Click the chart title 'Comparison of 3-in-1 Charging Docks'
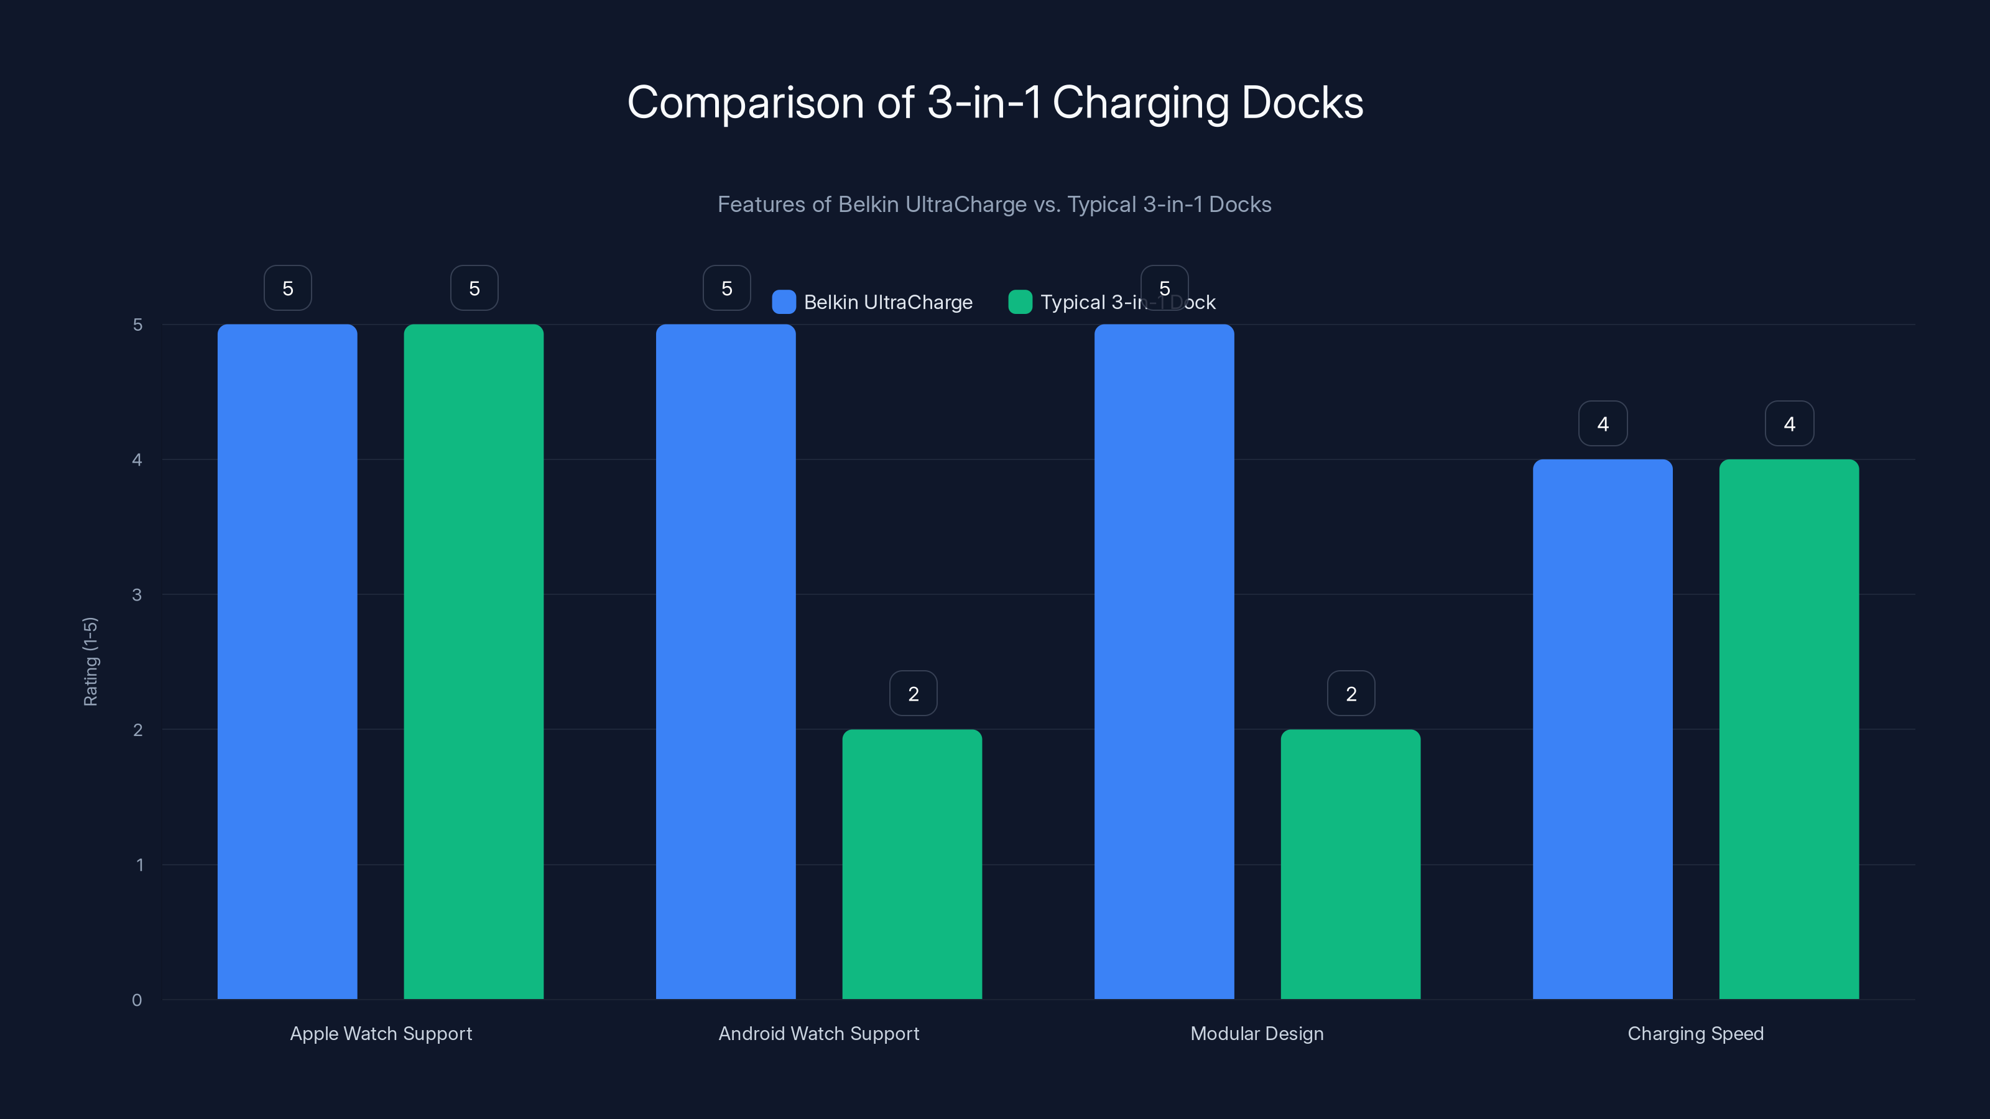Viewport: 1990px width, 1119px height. pos(995,103)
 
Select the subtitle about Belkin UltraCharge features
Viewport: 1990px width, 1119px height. pos(994,205)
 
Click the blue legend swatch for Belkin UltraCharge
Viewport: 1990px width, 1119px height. pos(784,302)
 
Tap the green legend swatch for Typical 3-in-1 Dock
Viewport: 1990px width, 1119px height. pos(1020,302)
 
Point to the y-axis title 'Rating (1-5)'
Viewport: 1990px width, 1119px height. pos(90,661)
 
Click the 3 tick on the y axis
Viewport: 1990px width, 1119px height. pos(137,595)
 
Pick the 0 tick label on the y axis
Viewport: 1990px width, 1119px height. pos(137,1000)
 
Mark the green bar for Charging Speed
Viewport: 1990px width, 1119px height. pos(1789,729)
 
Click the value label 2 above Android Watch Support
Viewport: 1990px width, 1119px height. pos(913,694)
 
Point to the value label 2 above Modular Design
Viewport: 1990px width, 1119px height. pos(1351,694)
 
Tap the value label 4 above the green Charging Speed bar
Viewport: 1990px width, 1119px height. pos(1789,423)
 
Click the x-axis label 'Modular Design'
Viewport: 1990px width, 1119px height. pos(1257,1033)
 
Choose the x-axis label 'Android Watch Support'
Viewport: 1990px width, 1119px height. pos(819,1033)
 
